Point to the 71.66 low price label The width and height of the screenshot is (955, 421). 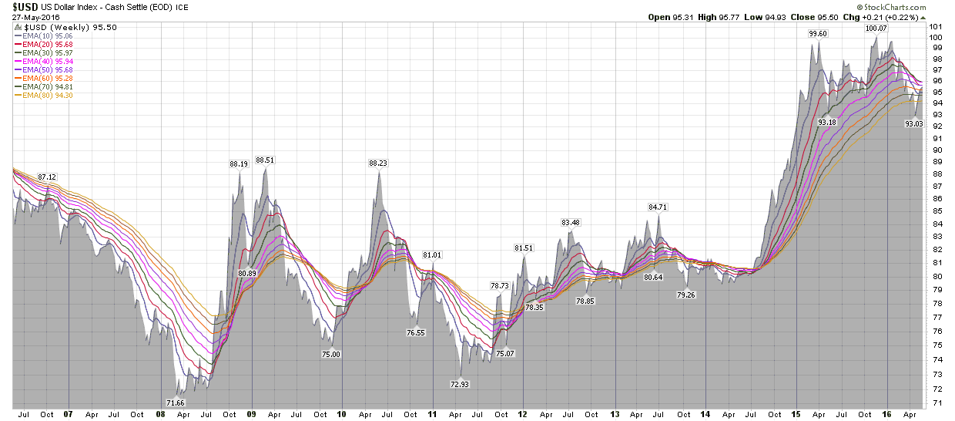[176, 402]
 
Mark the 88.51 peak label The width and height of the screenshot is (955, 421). [265, 160]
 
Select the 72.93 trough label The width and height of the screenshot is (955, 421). [459, 384]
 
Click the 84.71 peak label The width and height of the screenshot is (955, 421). [657, 207]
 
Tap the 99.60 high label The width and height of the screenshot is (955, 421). [818, 33]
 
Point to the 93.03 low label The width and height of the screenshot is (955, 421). [913, 123]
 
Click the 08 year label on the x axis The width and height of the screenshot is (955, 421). [160, 414]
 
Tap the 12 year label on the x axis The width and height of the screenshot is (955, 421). [522, 414]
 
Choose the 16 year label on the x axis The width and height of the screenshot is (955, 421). [886, 414]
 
